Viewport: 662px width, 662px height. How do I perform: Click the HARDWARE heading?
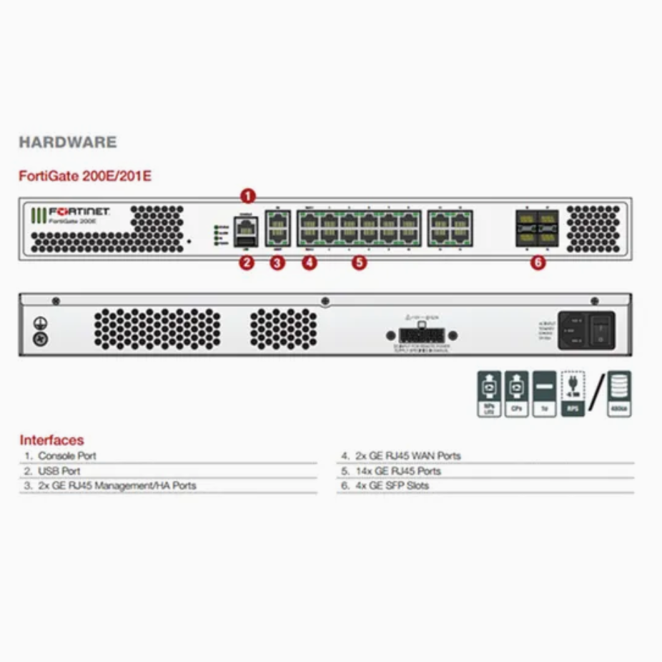click(67, 142)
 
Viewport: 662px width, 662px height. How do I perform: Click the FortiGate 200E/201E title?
click(85, 176)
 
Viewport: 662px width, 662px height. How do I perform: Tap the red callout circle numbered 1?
click(247, 195)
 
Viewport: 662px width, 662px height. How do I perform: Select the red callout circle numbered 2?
click(247, 262)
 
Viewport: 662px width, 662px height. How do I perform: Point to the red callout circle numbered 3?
click(277, 262)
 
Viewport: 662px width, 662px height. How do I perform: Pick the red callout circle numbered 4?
click(309, 262)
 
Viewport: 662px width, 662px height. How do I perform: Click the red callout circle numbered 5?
click(359, 262)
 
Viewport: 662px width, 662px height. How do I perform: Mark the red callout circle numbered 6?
click(538, 262)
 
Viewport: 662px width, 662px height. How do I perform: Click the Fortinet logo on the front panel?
click(70, 213)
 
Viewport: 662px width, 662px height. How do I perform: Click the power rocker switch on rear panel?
click(601, 330)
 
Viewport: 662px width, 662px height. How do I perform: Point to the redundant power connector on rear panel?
click(421, 335)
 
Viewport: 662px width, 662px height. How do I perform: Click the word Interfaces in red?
click(51, 440)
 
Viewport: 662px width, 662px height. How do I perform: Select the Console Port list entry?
click(66, 455)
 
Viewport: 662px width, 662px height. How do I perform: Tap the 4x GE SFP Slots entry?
click(392, 485)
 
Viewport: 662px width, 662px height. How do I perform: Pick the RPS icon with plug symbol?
click(573, 393)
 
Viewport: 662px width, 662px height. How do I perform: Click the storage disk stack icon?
click(619, 393)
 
